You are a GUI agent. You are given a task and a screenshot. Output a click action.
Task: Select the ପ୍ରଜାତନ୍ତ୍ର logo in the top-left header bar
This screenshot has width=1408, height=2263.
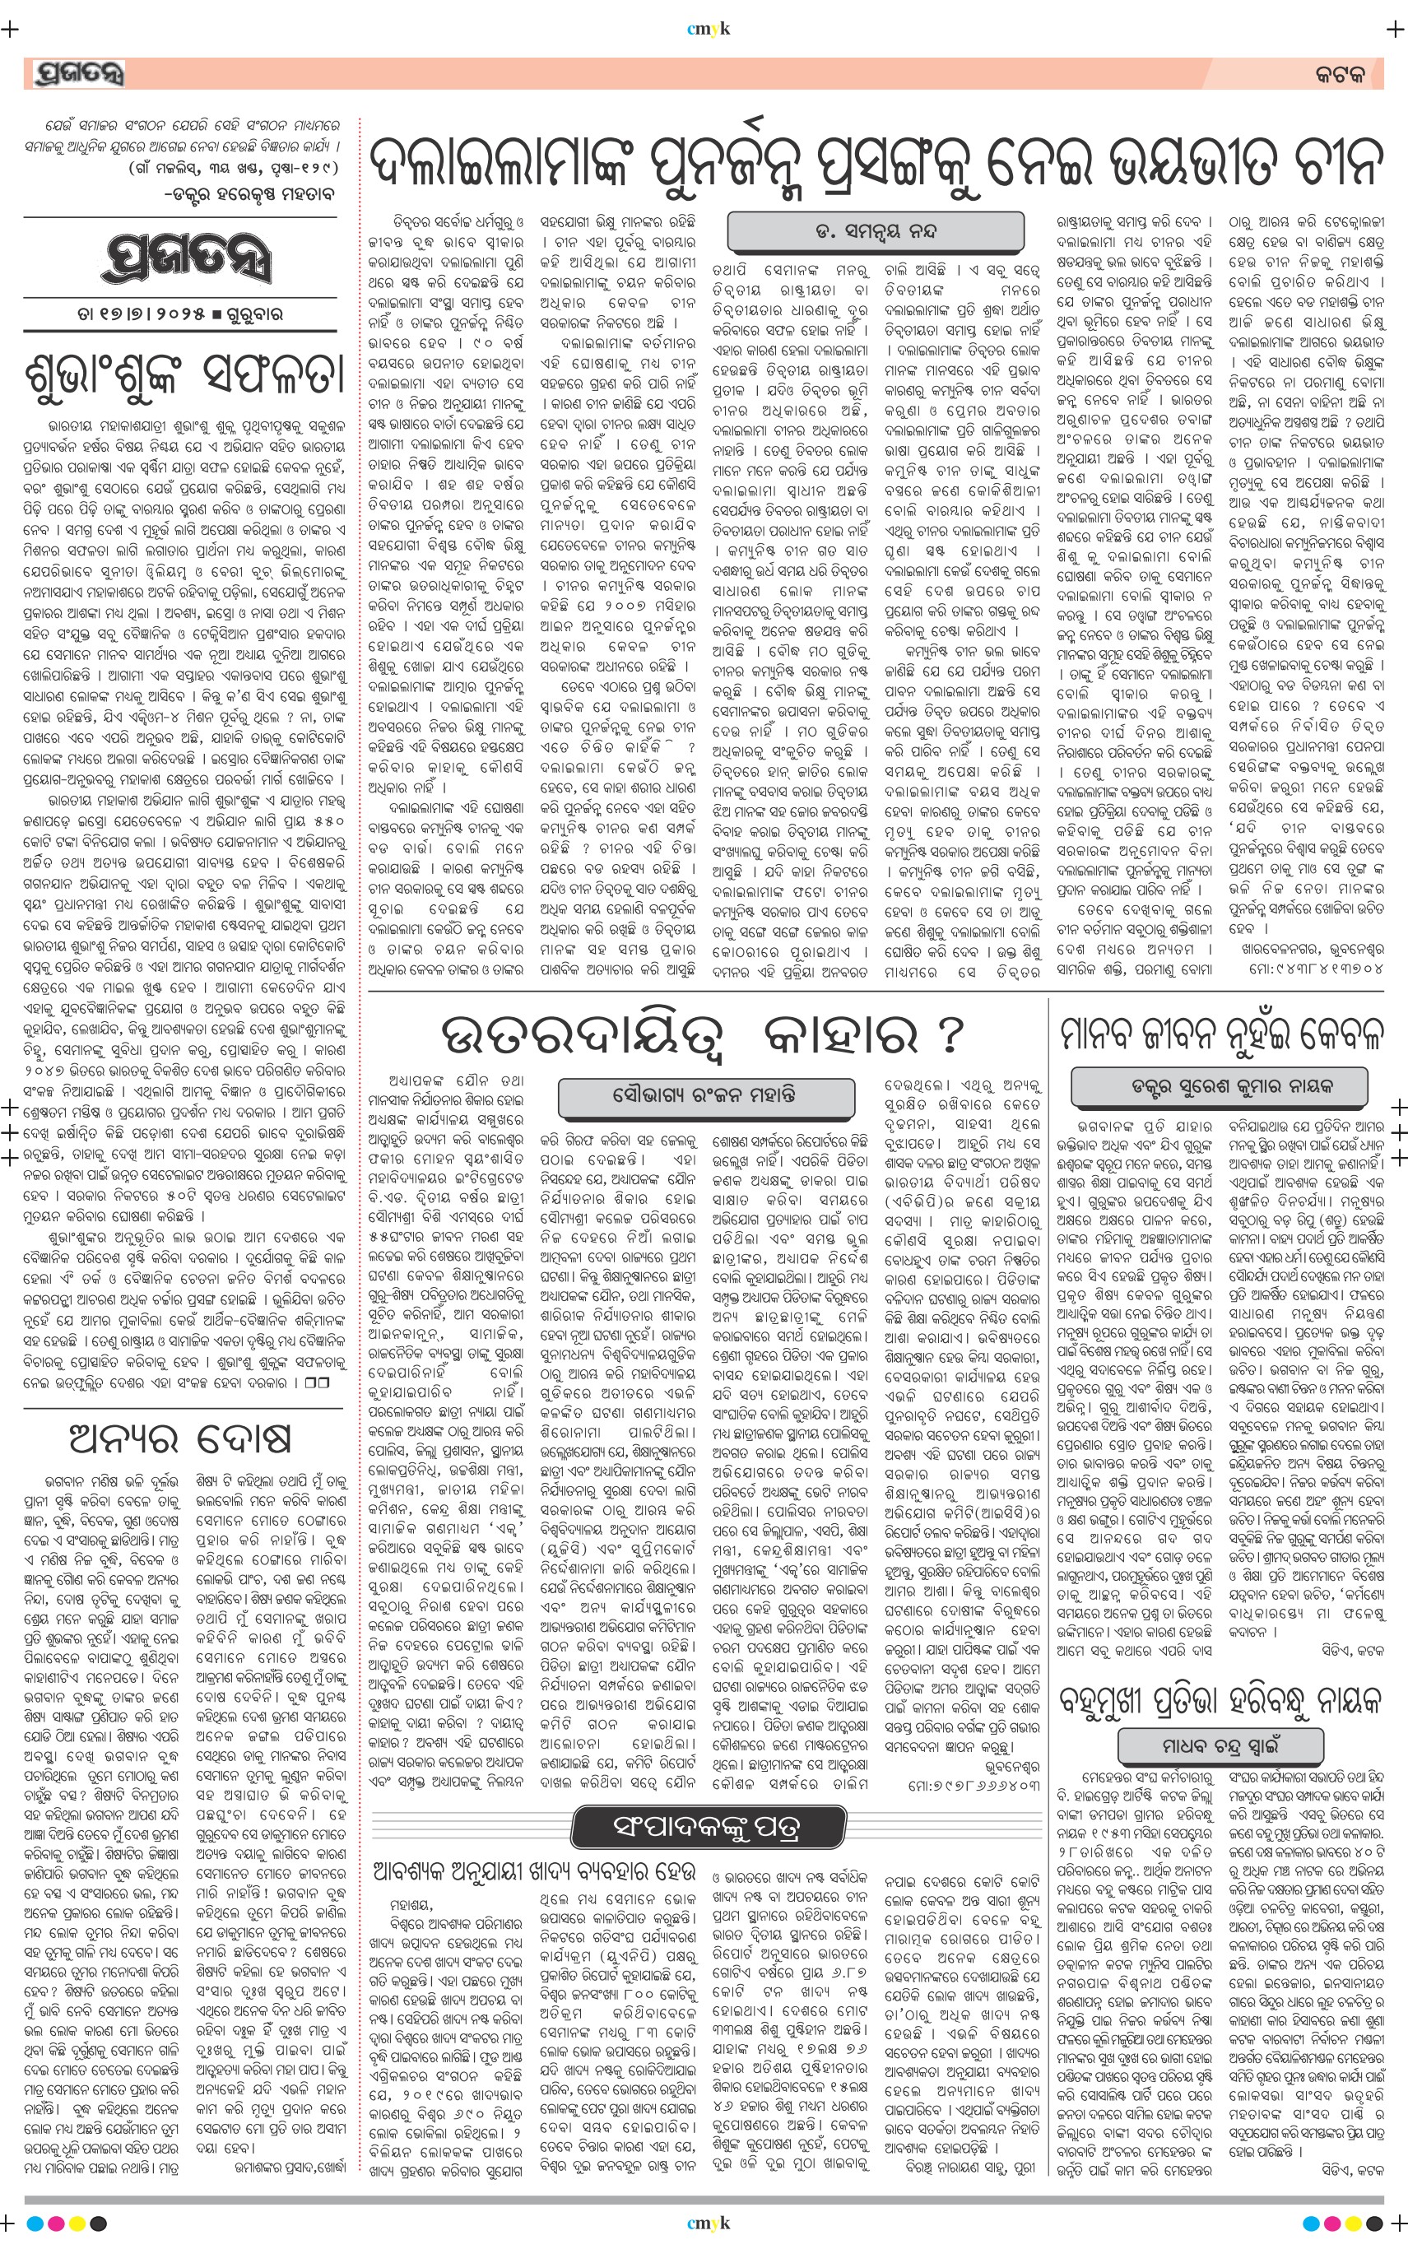[78, 73]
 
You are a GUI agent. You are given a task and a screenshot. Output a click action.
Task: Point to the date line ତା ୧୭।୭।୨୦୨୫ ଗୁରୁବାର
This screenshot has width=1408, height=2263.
[181, 315]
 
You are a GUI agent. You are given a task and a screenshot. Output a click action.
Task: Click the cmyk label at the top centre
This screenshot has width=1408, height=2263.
[708, 29]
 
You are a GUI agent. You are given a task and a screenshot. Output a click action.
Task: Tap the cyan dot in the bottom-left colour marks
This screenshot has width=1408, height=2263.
[35, 2223]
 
